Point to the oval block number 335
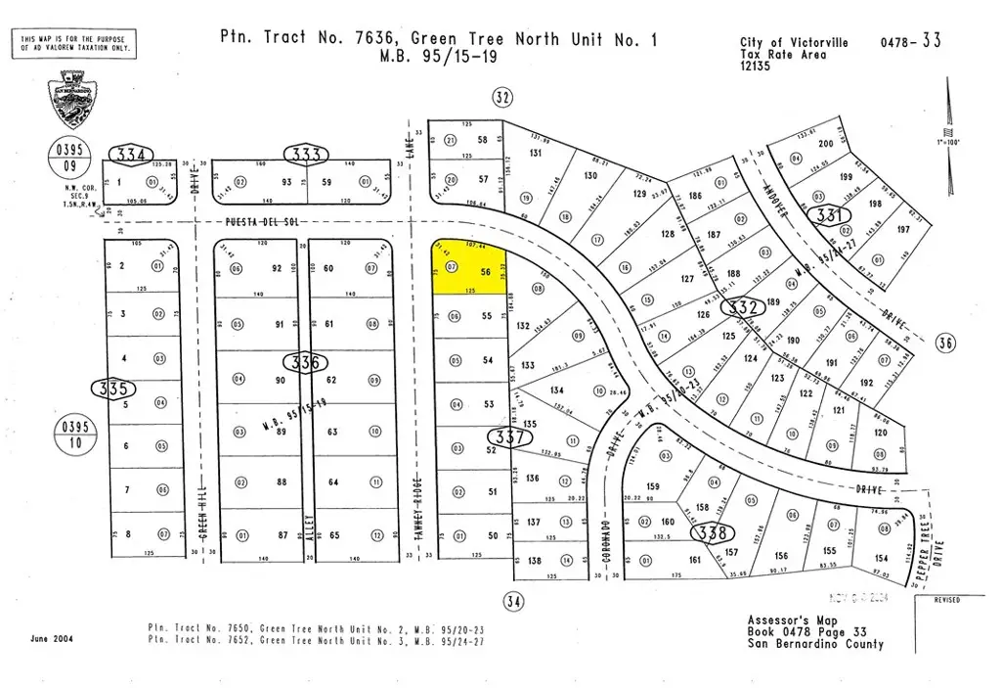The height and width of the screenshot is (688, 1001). point(114,389)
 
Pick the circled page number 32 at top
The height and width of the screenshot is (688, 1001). point(501,96)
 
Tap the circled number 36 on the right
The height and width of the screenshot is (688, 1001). point(944,342)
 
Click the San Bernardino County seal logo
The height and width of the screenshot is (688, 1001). point(73,102)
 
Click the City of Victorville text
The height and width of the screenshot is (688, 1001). point(794,43)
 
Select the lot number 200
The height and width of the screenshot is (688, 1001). point(826,144)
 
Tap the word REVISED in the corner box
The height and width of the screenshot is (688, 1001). point(946,599)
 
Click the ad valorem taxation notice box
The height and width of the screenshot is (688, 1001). point(73,43)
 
